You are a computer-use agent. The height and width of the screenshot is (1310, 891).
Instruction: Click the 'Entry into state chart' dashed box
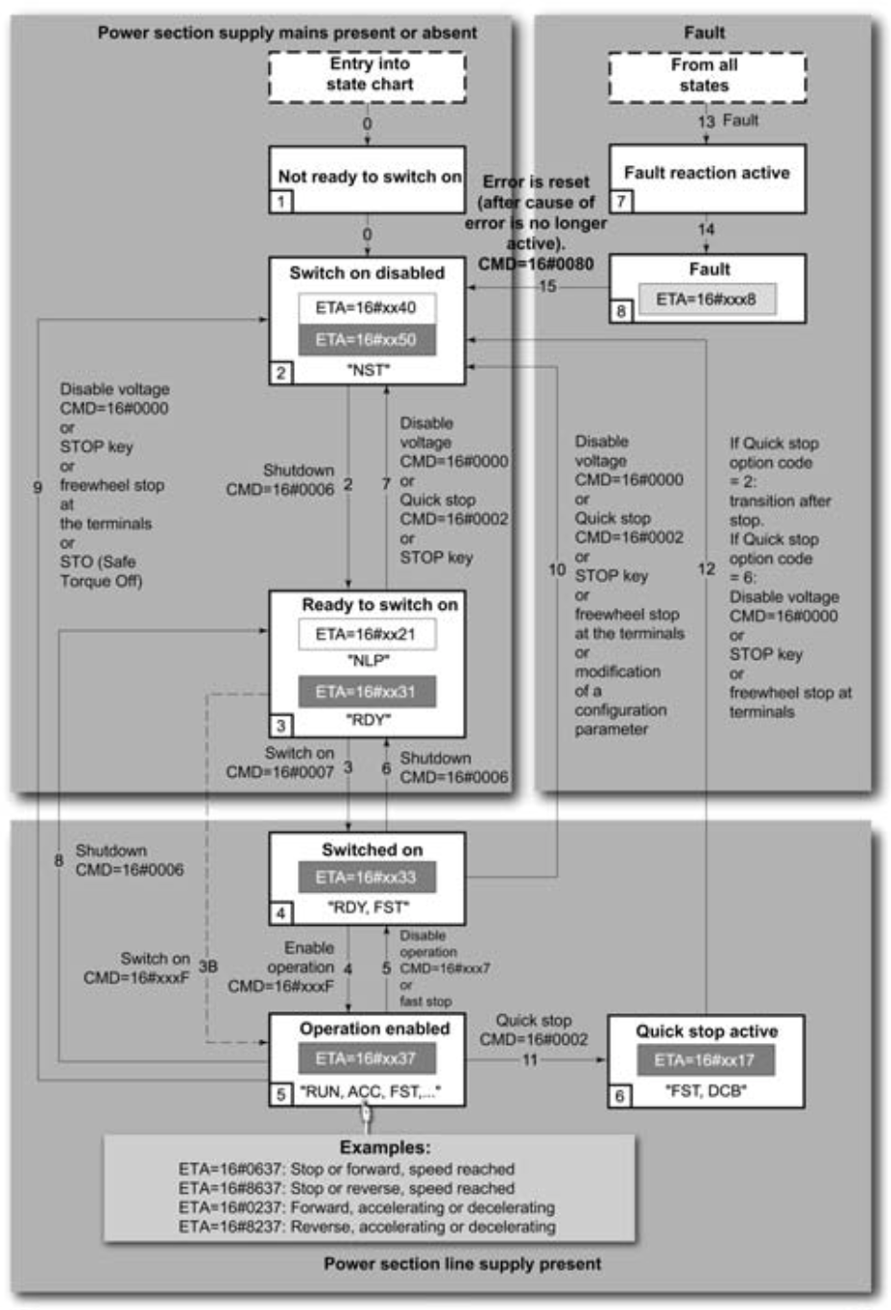368,75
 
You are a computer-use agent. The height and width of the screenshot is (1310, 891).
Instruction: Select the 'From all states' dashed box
707,76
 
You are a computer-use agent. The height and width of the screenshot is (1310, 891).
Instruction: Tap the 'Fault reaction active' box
707,174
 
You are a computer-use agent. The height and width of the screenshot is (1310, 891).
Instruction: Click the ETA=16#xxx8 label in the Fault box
707,300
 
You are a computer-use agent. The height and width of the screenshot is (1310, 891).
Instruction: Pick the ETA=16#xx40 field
366,308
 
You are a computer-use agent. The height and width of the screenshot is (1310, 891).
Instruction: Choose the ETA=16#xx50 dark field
366,340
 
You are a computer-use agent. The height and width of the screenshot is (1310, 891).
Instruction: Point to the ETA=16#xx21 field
366,635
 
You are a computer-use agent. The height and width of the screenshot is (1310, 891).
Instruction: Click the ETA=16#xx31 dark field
366,691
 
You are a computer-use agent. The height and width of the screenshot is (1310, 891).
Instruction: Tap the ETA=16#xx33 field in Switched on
366,877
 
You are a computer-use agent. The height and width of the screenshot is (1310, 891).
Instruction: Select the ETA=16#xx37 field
366,1058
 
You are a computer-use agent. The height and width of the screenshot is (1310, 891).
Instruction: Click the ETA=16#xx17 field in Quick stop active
705,1060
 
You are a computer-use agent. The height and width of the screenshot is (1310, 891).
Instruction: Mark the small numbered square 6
619,1096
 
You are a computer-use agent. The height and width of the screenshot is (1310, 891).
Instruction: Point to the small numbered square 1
280,202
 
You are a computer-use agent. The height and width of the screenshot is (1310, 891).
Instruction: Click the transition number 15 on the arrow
547,286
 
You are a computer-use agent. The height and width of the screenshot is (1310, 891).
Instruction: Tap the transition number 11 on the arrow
530,1060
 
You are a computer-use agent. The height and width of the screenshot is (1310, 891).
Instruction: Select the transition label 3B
207,966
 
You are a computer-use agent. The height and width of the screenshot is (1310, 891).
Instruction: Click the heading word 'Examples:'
385,1148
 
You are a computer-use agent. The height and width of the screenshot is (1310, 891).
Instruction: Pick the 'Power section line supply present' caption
462,1264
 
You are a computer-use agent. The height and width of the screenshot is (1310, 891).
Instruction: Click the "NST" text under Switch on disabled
368,370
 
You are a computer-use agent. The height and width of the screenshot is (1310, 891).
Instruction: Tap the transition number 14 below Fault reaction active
706,230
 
